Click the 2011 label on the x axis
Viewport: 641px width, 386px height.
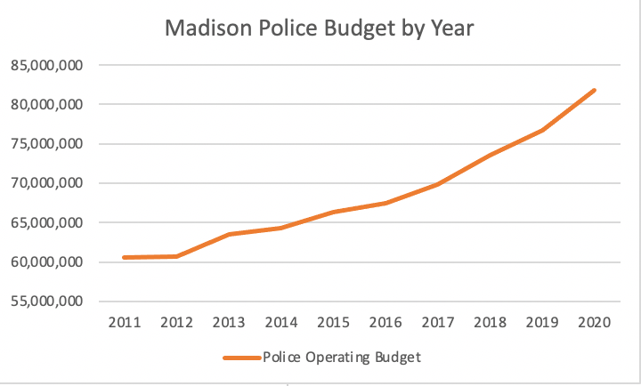125,323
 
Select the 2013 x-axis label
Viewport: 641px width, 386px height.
229,323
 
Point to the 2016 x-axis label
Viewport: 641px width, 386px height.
385,323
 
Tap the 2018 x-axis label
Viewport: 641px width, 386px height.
490,323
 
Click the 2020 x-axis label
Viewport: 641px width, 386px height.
594,323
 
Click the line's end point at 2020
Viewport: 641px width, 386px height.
594,90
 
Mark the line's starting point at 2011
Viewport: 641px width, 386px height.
125,257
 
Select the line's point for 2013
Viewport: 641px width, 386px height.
229,234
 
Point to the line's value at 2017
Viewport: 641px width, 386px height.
437,184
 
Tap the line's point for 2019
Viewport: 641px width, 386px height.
542,130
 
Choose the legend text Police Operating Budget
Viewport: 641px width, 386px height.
341,358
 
